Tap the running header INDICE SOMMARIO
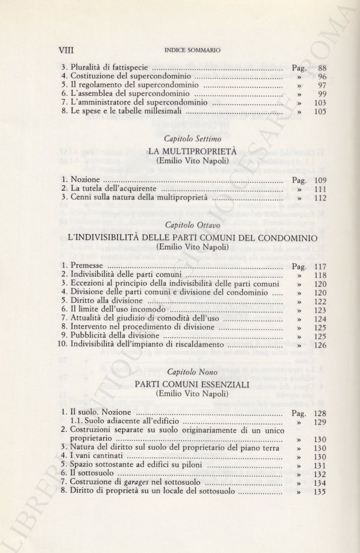(193, 50)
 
